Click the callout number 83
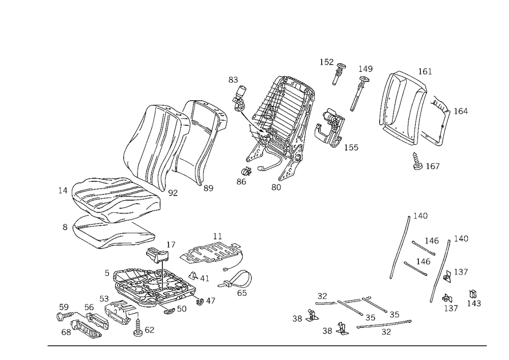(x=233, y=79)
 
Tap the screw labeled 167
(x=417, y=161)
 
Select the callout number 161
(x=425, y=71)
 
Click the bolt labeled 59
(x=66, y=316)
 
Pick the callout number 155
(x=351, y=147)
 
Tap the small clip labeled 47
(x=200, y=301)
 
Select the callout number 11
(x=217, y=236)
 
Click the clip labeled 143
(x=473, y=294)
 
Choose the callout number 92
(x=173, y=193)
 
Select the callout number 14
(x=63, y=190)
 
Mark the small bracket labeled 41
(x=193, y=275)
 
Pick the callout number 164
(x=461, y=112)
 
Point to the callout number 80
(x=276, y=187)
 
